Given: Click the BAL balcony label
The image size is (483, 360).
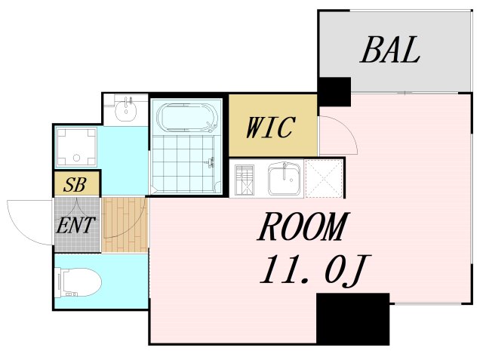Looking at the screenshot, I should click(x=389, y=51).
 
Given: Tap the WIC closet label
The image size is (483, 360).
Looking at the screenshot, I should click(x=269, y=128).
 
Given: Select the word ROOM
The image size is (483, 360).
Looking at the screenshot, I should click(x=303, y=227).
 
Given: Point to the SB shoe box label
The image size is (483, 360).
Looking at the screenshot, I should click(x=75, y=185).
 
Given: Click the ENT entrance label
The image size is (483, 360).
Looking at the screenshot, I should click(x=76, y=224).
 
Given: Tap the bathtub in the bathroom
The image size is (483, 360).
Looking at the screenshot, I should click(x=187, y=118).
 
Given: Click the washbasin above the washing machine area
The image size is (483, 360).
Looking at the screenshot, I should click(x=125, y=111).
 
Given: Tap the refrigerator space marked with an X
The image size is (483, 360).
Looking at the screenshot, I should click(x=324, y=179).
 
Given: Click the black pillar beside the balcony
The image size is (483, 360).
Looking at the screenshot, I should click(x=334, y=92).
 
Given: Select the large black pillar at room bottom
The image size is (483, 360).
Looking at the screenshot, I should click(x=352, y=318).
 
